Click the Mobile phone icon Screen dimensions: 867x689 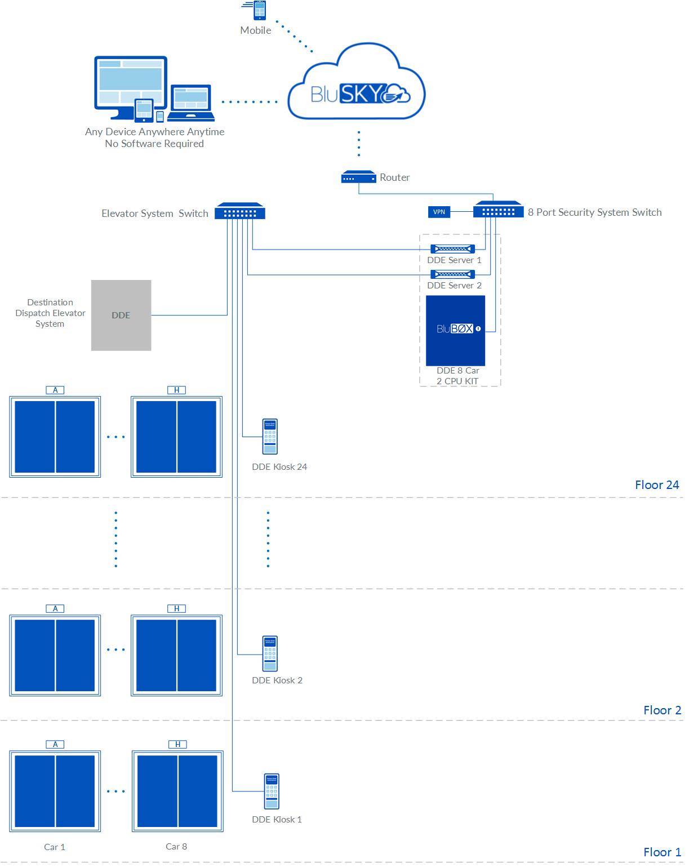click(x=259, y=10)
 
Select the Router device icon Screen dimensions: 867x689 click(x=358, y=177)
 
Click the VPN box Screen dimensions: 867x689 click(x=439, y=212)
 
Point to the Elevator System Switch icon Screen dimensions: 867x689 click(x=240, y=212)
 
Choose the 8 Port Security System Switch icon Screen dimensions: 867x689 click(x=499, y=210)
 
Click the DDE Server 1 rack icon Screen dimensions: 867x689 click(x=452, y=248)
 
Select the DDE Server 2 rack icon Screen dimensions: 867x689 click(x=452, y=274)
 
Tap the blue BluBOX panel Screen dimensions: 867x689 click(x=455, y=331)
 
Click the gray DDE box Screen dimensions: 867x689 click(x=121, y=315)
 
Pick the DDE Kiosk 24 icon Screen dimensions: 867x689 click(x=270, y=437)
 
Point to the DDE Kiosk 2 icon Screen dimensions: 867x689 click(x=270, y=653)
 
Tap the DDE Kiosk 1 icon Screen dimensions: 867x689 click(x=272, y=792)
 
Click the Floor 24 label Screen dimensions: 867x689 click(x=657, y=485)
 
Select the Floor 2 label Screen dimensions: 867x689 click(x=662, y=710)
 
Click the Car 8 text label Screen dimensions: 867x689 click(x=176, y=847)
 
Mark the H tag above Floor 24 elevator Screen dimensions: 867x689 click(x=177, y=390)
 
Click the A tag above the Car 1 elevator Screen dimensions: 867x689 click(x=55, y=744)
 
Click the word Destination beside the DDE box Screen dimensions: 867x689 click(x=50, y=303)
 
